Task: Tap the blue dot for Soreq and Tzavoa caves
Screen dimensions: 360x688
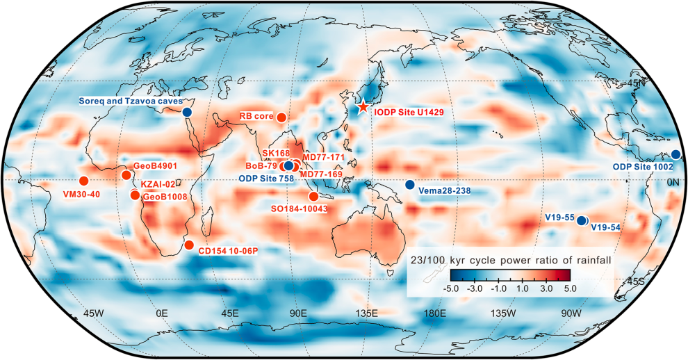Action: [186, 112]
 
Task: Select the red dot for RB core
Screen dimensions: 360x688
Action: [281, 117]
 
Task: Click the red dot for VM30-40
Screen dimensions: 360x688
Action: [84, 181]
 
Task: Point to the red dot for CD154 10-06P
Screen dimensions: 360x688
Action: [189, 245]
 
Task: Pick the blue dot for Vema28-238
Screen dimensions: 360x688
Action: [409, 184]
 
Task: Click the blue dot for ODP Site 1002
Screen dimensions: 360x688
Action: [675, 154]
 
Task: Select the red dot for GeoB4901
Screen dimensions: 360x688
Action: [126, 174]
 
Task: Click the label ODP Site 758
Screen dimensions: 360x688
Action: [265, 179]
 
